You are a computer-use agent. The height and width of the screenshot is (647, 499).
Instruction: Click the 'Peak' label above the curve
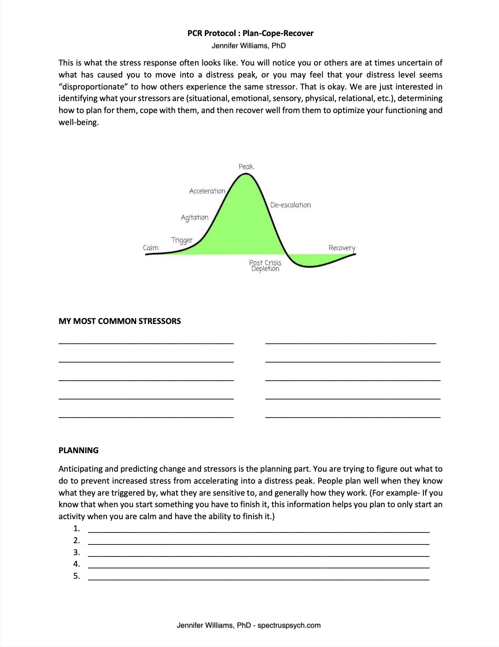coord(246,167)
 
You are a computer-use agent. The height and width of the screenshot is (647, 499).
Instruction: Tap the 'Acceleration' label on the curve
coord(207,191)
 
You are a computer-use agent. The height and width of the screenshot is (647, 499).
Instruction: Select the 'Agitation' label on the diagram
coord(194,217)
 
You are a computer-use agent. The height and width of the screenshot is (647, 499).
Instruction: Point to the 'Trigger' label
coord(181,240)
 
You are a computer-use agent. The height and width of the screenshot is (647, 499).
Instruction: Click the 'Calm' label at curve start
coord(150,248)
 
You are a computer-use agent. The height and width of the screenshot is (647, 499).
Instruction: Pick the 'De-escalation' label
coord(290,205)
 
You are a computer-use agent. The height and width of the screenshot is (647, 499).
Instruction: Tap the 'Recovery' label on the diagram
coord(342,248)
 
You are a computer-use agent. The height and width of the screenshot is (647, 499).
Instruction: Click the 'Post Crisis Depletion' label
coord(265,265)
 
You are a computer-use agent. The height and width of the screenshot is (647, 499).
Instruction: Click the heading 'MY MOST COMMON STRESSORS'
coord(119,321)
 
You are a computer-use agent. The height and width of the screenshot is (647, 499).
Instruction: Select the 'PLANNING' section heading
coord(78,450)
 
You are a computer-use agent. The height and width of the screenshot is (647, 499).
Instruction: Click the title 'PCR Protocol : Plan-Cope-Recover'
coord(250,33)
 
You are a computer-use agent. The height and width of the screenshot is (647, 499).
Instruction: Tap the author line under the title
coord(249,46)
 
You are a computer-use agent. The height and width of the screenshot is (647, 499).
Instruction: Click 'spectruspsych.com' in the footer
coord(289,625)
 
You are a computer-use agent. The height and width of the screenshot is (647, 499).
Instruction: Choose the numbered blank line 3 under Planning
coord(258,553)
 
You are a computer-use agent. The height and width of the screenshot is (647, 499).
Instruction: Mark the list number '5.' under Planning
coord(77,576)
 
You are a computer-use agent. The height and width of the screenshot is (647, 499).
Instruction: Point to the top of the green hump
coord(246,178)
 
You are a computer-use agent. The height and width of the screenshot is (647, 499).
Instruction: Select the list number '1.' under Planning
coord(77,528)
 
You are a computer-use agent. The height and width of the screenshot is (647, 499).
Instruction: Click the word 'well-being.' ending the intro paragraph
coord(78,122)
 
